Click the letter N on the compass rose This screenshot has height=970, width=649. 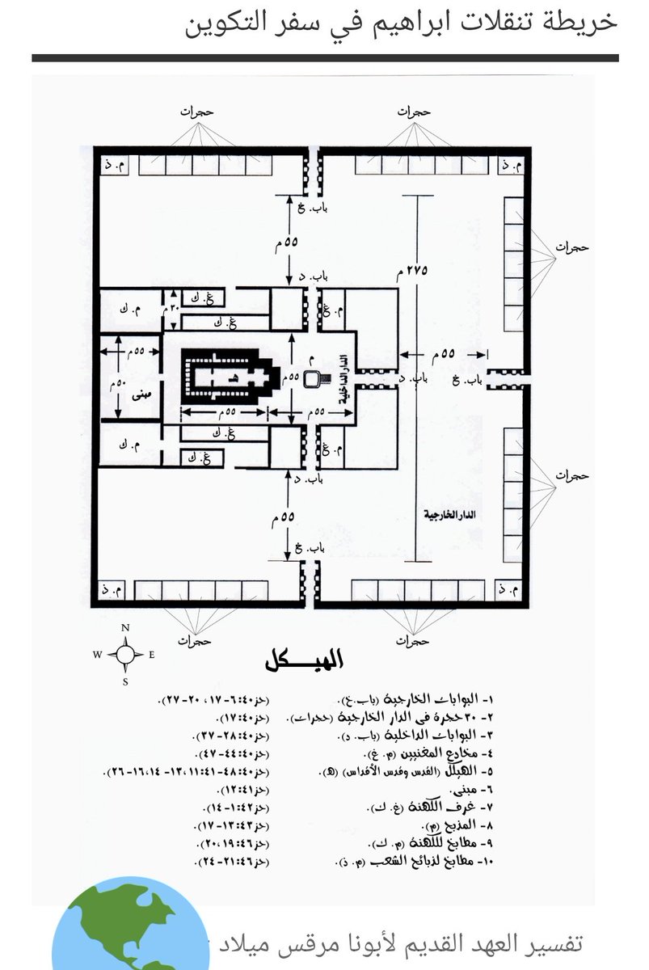pyautogui.click(x=125, y=628)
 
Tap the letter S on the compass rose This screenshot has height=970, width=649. pyautogui.click(x=125, y=681)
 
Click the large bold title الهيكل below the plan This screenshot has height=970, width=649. pyautogui.click(x=303, y=662)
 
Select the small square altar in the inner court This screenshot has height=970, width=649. pyautogui.click(x=312, y=378)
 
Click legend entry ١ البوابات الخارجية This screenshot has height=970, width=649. pyautogui.click(x=428, y=699)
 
